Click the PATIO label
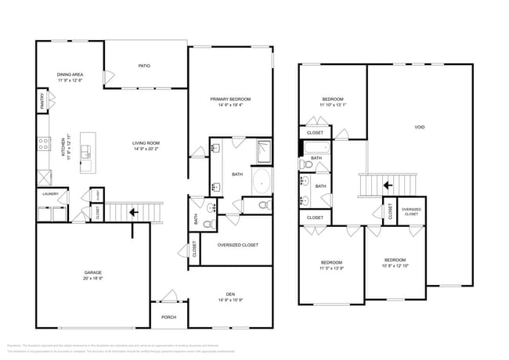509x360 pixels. [x=144, y=66]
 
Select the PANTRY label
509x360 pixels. [x=42, y=101]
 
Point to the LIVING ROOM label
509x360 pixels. [x=146, y=142]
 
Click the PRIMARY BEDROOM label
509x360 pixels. [x=229, y=99]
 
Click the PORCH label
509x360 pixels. [x=168, y=317]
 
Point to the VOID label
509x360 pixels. [x=420, y=127]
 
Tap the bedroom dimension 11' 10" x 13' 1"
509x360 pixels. [x=333, y=105]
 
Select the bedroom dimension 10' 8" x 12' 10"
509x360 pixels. [x=395, y=265]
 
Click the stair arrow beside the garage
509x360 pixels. [x=133, y=211]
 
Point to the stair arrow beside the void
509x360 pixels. [x=386, y=185]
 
